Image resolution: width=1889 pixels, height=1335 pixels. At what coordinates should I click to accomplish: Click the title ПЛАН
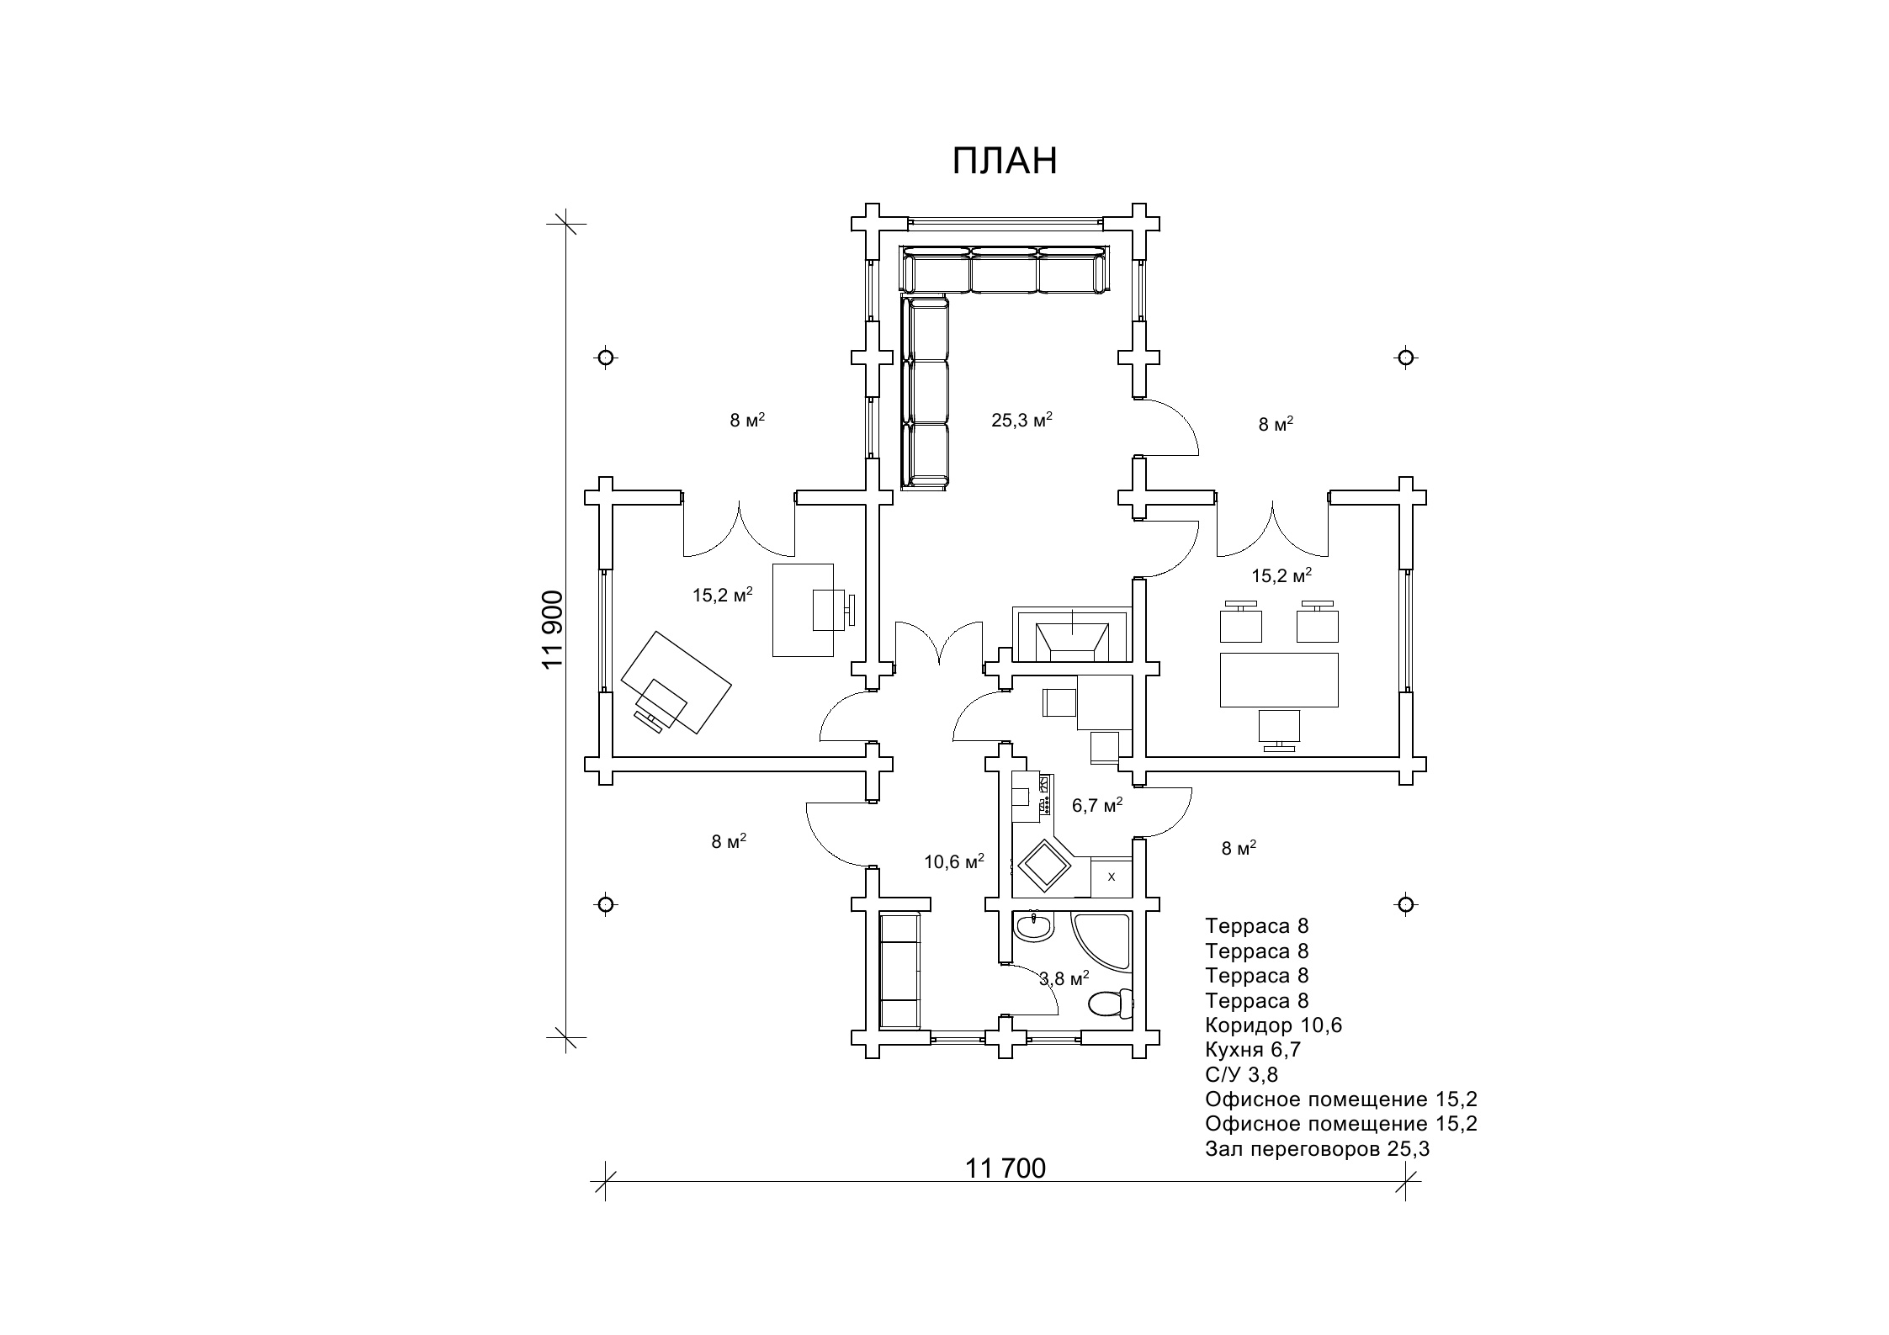click(x=1005, y=162)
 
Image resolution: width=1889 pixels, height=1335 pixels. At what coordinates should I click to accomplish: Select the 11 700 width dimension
click(x=1005, y=1168)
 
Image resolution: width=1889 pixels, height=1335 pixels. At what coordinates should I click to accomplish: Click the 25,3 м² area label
click(x=1021, y=420)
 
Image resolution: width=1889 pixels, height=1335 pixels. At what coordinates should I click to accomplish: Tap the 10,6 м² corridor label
click(x=954, y=861)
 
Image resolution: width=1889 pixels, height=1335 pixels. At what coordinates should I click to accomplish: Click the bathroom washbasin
click(x=1033, y=927)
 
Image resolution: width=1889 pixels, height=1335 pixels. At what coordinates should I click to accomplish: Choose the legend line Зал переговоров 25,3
click(x=1317, y=1149)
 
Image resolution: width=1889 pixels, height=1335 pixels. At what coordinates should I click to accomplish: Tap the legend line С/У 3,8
click(x=1241, y=1074)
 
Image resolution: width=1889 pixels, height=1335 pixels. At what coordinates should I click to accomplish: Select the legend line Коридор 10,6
click(x=1273, y=1025)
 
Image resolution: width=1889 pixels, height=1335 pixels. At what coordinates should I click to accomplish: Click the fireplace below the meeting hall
click(x=1071, y=633)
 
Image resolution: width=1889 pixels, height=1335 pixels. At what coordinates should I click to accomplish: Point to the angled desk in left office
click(x=676, y=683)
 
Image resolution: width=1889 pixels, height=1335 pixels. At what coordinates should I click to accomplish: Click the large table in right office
click(x=1279, y=680)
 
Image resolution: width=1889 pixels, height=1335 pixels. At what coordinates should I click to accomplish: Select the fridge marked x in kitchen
click(x=1111, y=877)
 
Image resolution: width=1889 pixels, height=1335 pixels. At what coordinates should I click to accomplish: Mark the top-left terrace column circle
click(x=605, y=358)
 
